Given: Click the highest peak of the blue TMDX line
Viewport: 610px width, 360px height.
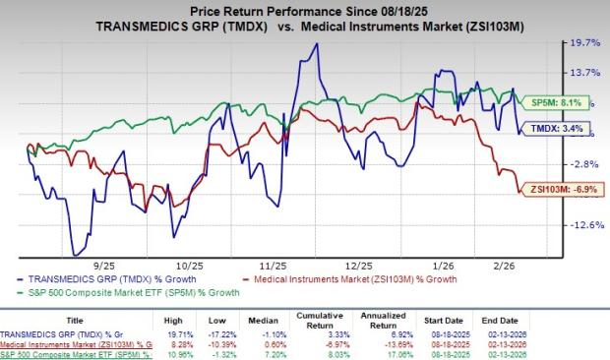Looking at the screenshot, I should click(x=315, y=43).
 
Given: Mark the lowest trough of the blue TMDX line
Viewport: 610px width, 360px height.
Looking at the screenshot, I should click(x=74, y=255).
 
